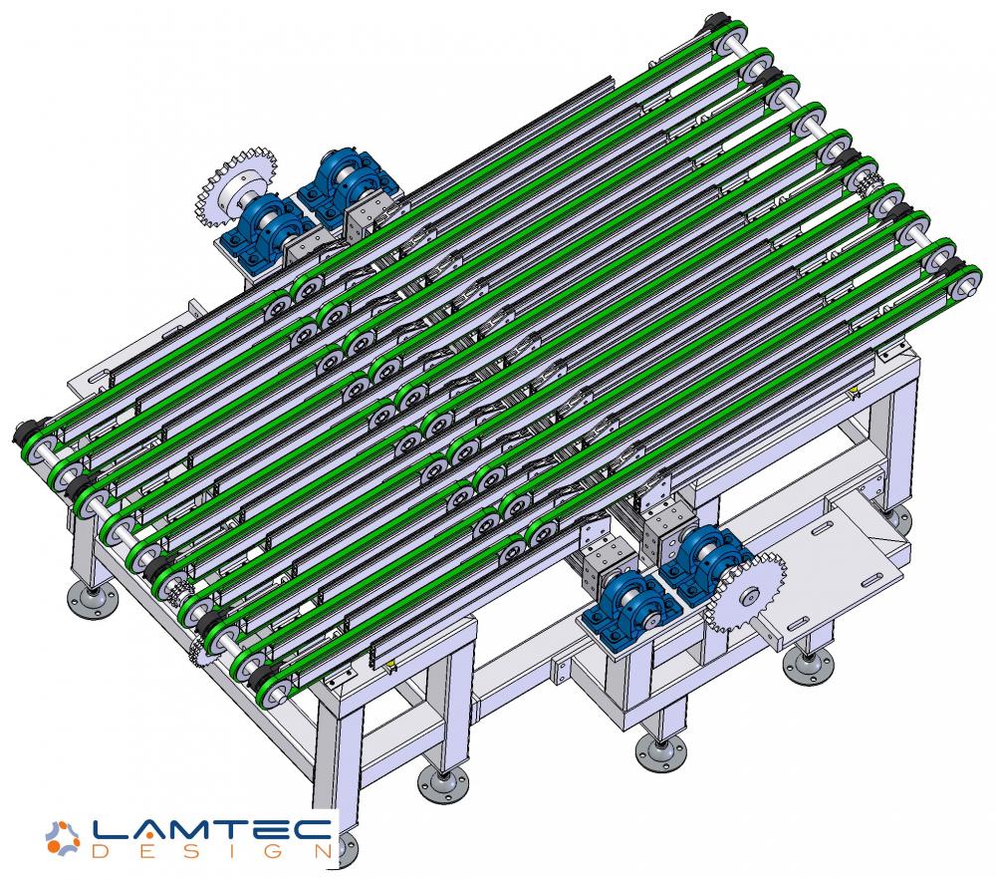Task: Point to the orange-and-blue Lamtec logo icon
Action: pos(63,838)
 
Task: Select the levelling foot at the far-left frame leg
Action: pos(92,598)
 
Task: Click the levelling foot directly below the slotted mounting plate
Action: pos(808,664)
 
